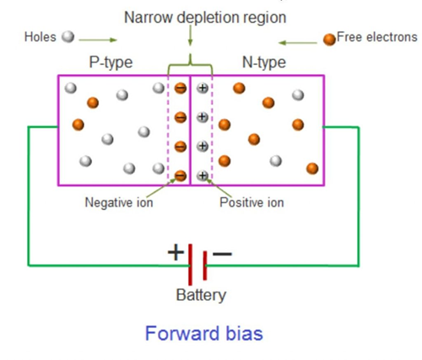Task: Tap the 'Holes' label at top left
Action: tap(41, 38)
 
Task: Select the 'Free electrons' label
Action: tap(376, 37)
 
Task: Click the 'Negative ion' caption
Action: tap(120, 202)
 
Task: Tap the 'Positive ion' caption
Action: tap(252, 202)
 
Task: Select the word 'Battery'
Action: tap(201, 296)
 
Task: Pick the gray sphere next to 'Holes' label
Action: tap(68, 37)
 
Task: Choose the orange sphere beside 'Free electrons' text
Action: tap(328, 38)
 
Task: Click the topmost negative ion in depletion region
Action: tap(180, 88)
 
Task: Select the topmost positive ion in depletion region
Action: tap(203, 88)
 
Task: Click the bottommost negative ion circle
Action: tap(180, 175)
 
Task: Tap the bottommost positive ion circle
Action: tap(203, 175)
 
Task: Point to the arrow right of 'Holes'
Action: tap(100, 39)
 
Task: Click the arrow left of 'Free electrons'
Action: tap(298, 40)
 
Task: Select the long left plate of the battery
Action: tap(191, 264)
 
